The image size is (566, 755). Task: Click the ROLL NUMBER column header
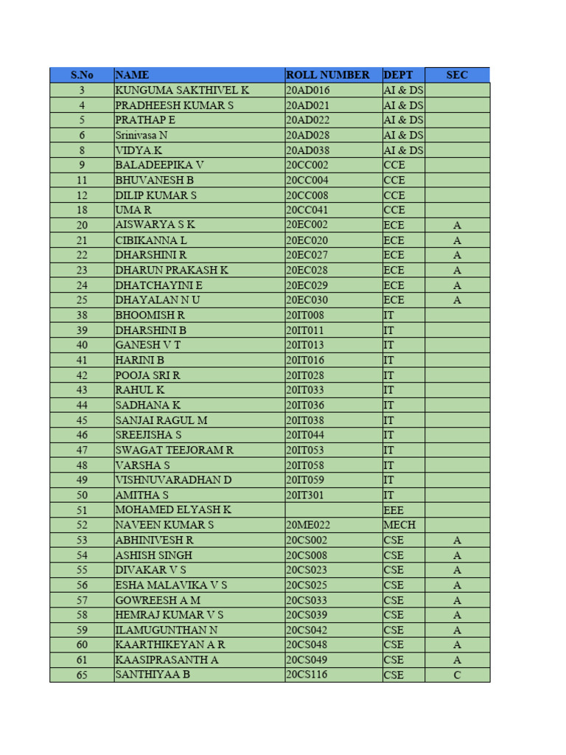tap(327, 74)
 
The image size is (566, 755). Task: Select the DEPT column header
tap(398, 74)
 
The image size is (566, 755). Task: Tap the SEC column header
tap(457, 74)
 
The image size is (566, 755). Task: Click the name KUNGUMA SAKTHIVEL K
tap(182, 90)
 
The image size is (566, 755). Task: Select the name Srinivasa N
tap(141, 135)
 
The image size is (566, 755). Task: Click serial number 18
tap(82, 210)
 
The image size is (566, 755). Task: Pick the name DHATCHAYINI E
tap(158, 285)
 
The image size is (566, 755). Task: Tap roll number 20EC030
tap(307, 300)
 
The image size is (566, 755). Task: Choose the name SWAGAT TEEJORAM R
tap(175, 450)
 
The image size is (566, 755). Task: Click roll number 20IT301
tap(306, 495)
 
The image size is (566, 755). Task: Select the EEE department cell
tap(394, 509)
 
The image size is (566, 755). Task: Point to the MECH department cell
tap(399, 525)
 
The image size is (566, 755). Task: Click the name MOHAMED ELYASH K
tap(173, 509)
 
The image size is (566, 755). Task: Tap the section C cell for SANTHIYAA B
tap(457, 675)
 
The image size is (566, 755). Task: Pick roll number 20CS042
tap(307, 630)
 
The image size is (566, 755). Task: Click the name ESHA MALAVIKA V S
tap(171, 585)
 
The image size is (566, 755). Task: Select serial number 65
tap(82, 675)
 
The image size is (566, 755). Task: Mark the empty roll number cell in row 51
tap(333, 509)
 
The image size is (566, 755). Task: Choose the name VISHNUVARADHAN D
tap(173, 480)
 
